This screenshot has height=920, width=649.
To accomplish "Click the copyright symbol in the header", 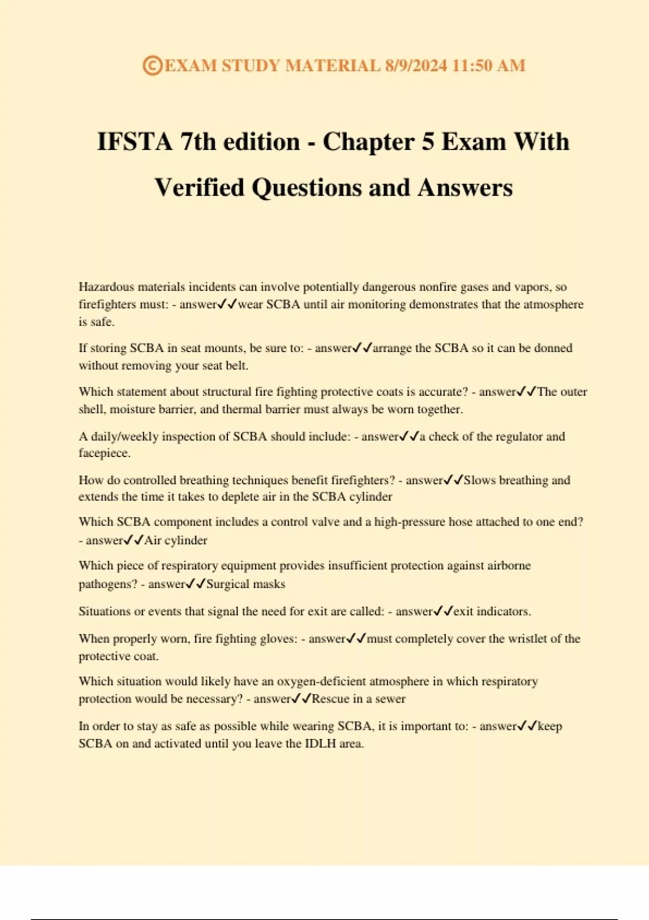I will [153, 66].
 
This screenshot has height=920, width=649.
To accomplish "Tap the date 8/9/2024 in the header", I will [416, 66].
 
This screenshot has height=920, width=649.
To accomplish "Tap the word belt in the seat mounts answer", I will [236, 366].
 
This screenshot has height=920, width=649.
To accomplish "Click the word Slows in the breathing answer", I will [480, 481].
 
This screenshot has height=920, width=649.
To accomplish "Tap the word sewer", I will [390, 699].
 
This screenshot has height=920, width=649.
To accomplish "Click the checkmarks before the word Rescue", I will [301, 699].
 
